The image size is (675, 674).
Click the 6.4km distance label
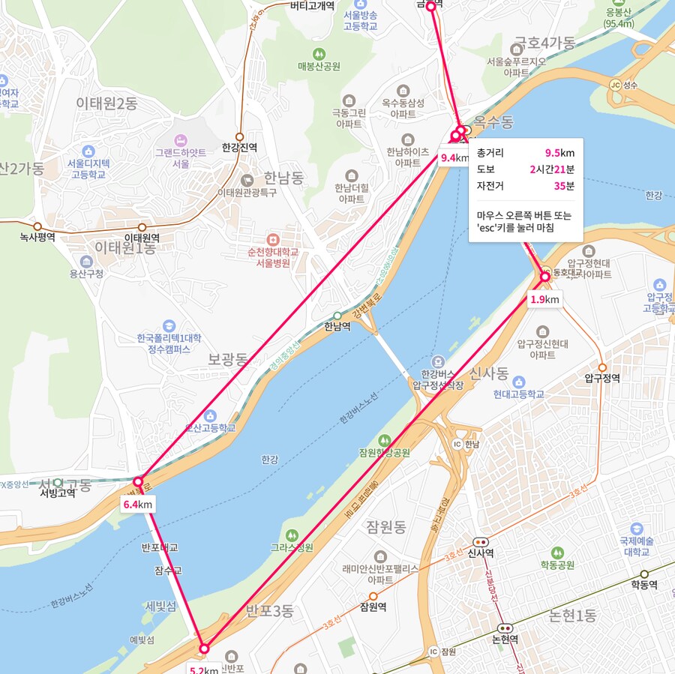tap(138, 505)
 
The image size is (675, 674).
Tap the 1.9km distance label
tap(544, 300)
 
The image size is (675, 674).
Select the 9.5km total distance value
tap(559, 153)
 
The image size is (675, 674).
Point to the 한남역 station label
tap(337, 326)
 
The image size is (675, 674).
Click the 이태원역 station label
tap(142, 238)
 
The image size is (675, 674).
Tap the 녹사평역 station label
tap(37, 238)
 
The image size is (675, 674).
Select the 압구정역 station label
tap(602, 379)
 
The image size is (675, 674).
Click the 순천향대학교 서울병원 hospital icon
tap(273, 238)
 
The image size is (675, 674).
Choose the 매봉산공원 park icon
tap(319, 53)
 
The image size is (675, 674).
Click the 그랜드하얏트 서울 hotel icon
tap(180, 140)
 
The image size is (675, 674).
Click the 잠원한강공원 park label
tap(384, 453)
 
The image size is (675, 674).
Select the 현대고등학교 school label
tap(518, 394)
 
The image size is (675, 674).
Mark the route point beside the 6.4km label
tap(138, 481)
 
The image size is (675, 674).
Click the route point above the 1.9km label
tap(545, 277)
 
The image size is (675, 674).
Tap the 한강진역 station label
tap(239, 148)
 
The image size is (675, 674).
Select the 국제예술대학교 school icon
tap(637, 528)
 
